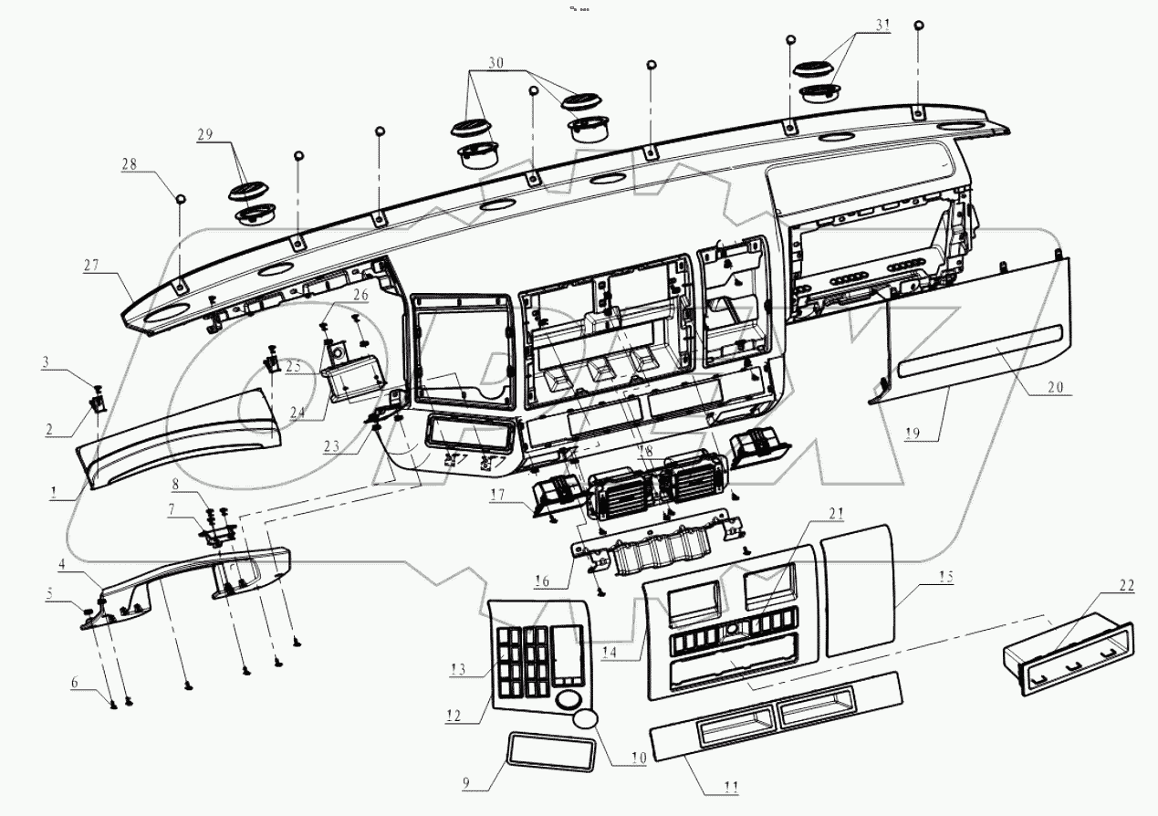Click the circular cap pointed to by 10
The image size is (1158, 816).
point(586,717)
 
